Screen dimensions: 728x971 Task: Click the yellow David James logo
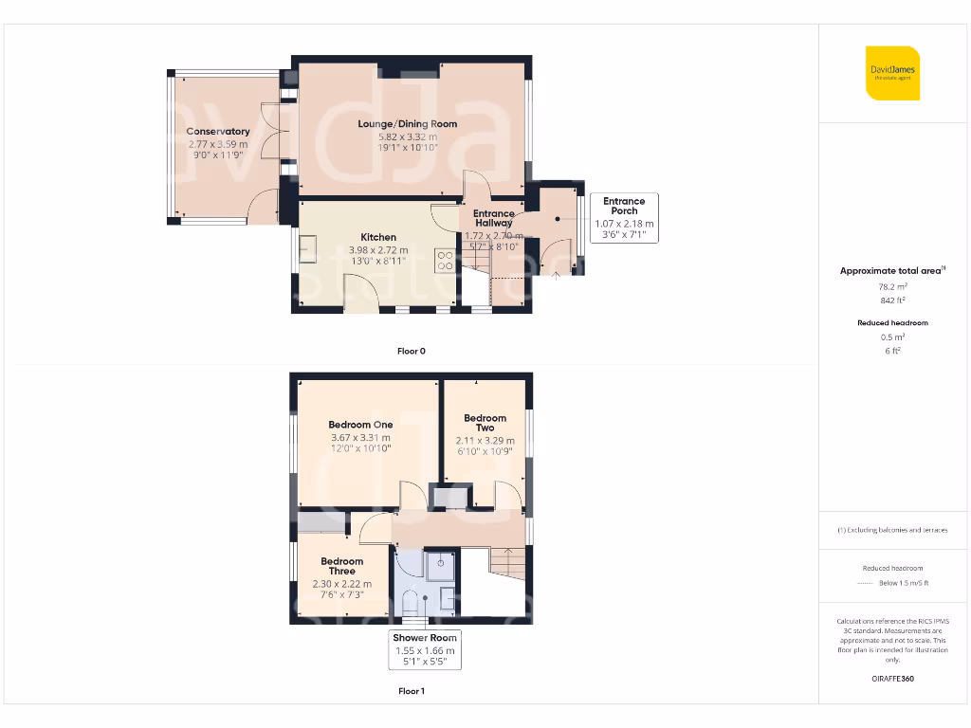coord(892,73)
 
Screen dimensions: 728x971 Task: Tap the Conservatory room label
coord(218,132)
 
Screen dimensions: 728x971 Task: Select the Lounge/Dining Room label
coord(407,124)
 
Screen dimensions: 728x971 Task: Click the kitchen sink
coord(308,248)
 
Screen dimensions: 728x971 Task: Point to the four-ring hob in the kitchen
coord(445,261)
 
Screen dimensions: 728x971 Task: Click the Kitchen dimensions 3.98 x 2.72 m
coord(377,249)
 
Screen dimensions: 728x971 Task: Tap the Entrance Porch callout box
coord(624,218)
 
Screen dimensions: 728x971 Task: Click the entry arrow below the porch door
coord(556,276)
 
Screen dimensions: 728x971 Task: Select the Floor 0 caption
coord(411,351)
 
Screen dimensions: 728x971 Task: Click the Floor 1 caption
coord(411,691)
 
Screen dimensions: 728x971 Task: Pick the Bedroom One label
coord(360,425)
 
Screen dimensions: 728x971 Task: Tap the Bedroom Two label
coord(485,423)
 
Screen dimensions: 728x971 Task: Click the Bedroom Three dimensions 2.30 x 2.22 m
coord(341,584)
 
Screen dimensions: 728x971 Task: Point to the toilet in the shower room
coord(410,601)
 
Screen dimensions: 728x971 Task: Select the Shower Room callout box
coord(425,650)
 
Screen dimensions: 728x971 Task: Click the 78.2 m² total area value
coord(891,284)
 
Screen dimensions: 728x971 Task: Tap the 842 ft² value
coord(891,300)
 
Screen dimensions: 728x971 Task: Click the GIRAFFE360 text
coord(891,679)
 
